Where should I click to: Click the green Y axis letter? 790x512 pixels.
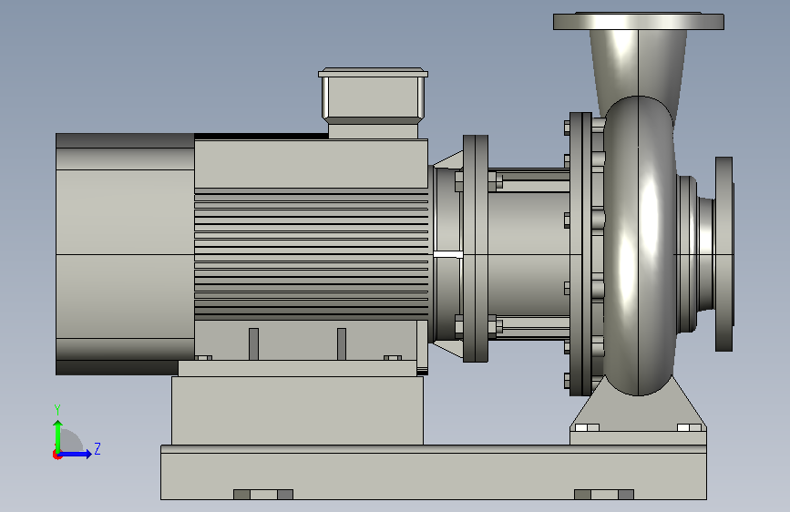pos(57,409)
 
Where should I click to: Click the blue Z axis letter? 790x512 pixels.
pos(97,448)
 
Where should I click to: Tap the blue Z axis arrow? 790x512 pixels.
pos(76,454)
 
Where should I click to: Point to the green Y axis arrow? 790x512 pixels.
pos(58,436)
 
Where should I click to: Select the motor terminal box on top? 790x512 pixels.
pos(373,102)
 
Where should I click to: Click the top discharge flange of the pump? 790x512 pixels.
pos(639,21)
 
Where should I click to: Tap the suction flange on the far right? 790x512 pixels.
pos(724,254)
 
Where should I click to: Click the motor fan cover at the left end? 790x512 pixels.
pos(125,254)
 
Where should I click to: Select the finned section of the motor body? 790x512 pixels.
pos(312,254)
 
